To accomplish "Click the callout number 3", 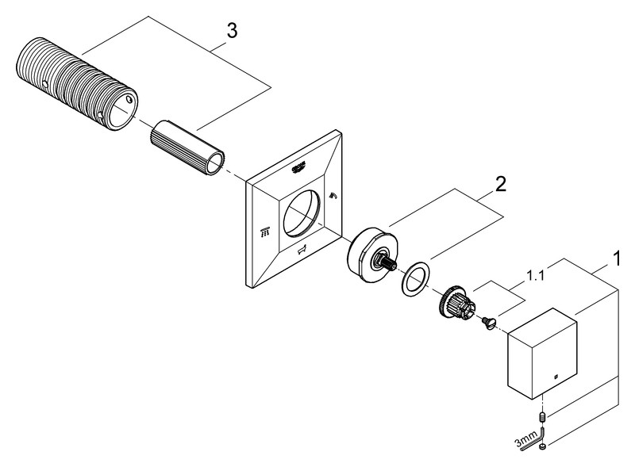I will (x=231, y=32).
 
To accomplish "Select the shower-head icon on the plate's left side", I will (x=264, y=232).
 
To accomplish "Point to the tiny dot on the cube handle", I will (x=557, y=376).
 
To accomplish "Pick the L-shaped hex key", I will (x=543, y=434).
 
